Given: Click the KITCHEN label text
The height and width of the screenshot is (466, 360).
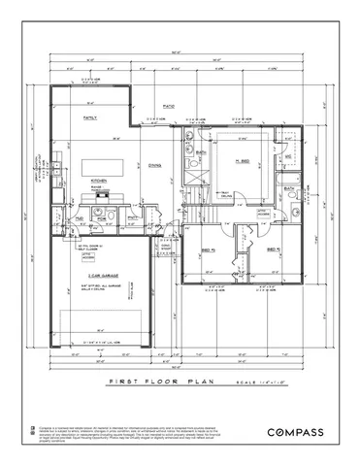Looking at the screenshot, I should click(x=98, y=181).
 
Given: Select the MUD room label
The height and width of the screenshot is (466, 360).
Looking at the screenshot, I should click(x=79, y=220).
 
